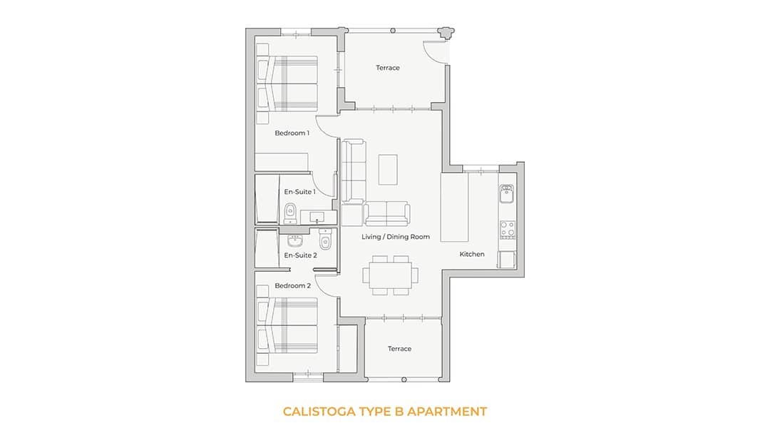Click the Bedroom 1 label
click(292, 133)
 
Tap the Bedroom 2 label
click(292, 286)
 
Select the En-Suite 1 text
click(299, 192)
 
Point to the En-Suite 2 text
click(300, 255)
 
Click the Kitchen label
click(471, 255)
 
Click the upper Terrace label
click(388, 68)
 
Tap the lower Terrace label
click(399, 349)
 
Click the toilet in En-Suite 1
click(290, 211)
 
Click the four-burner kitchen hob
click(507, 230)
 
